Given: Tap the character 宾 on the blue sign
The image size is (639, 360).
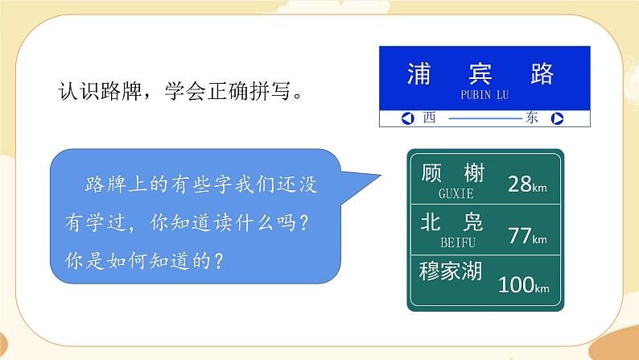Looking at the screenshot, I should point(484,74).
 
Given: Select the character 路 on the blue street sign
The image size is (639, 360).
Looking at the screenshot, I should point(543,74).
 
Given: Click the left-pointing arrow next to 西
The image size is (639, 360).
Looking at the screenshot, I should point(406,118).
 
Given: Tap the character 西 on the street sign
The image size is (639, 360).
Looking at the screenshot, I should point(428,118).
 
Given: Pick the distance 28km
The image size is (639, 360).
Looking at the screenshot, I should point(527,184).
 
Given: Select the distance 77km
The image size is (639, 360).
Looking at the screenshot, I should point(527,236).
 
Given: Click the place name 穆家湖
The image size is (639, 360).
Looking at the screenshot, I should point(450,271).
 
